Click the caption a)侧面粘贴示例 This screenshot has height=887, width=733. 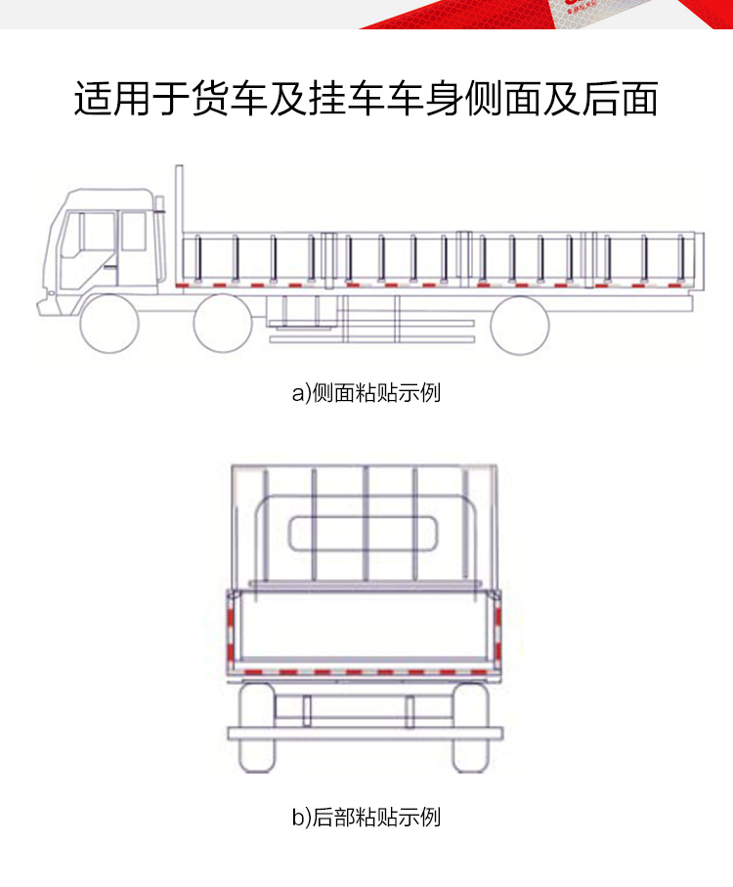pyautogui.click(x=366, y=393)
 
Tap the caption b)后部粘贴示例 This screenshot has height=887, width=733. pyautogui.click(x=366, y=817)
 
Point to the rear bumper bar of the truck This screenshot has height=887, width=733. pyautogui.click(x=365, y=732)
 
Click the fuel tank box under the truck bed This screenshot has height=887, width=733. pyautogui.click(x=294, y=310)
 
